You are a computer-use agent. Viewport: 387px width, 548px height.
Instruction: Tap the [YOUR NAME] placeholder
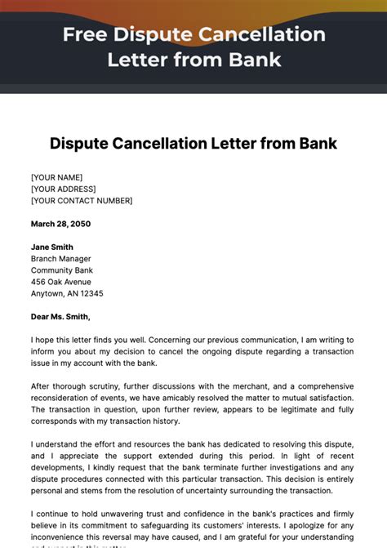click(x=56, y=177)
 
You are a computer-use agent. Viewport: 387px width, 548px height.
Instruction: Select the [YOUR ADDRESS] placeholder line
click(x=64, y=189)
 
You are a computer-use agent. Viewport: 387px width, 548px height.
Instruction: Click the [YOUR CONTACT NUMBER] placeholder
click(x=82, y=201)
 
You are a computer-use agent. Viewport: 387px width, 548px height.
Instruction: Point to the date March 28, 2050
click(x=60, y=224)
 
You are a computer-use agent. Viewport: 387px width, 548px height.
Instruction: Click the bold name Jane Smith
click(x=52, y=247)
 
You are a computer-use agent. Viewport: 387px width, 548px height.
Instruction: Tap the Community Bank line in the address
click(x=62, y=270)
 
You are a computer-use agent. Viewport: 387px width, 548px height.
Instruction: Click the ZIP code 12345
click(x=91, y=293)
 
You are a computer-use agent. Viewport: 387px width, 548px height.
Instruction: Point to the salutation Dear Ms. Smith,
click(x=61, y=317)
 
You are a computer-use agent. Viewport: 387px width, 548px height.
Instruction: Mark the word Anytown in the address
click(x=47, y=293)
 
